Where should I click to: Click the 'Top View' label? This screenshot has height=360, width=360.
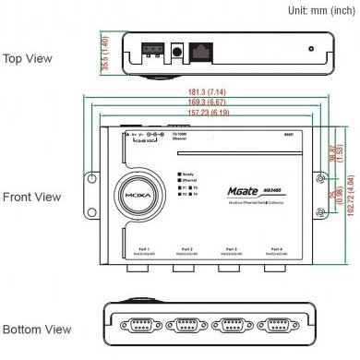[x=28, y=58]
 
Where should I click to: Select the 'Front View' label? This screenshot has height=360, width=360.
[x=32, y=197]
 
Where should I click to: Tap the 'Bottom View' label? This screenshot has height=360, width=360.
[x=37, y=330]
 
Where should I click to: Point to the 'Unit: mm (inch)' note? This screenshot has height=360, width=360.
[x=321, y=10]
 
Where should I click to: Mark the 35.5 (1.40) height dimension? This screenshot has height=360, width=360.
[x=104, y=55]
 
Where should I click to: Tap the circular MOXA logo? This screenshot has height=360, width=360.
[x=137, y=196]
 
